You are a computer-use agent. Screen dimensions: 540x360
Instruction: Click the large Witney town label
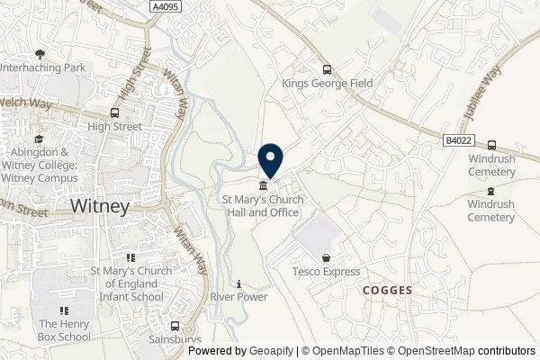click(100, 205)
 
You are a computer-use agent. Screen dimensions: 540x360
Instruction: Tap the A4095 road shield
click(165, 7)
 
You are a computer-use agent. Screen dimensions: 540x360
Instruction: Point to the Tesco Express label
click(326, 272)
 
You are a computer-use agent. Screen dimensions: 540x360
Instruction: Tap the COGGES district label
click(388, 291)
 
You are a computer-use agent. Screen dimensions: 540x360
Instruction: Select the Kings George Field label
click(327, 84)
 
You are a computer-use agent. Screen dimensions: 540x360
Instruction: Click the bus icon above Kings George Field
click(327, 69)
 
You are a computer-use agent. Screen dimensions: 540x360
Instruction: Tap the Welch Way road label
click(22, 103)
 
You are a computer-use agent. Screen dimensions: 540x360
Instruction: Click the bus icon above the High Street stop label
click(114, 113)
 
